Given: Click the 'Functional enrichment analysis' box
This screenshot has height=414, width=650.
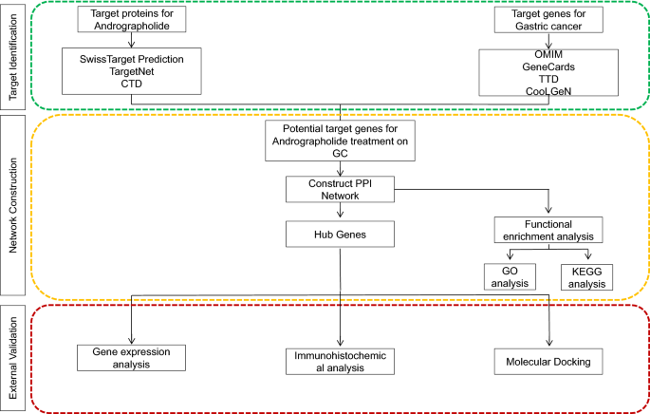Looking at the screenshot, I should [551, 229].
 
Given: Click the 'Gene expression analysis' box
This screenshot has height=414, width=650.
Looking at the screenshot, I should [130, 356].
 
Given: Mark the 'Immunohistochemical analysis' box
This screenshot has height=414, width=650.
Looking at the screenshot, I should [339, 362].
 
